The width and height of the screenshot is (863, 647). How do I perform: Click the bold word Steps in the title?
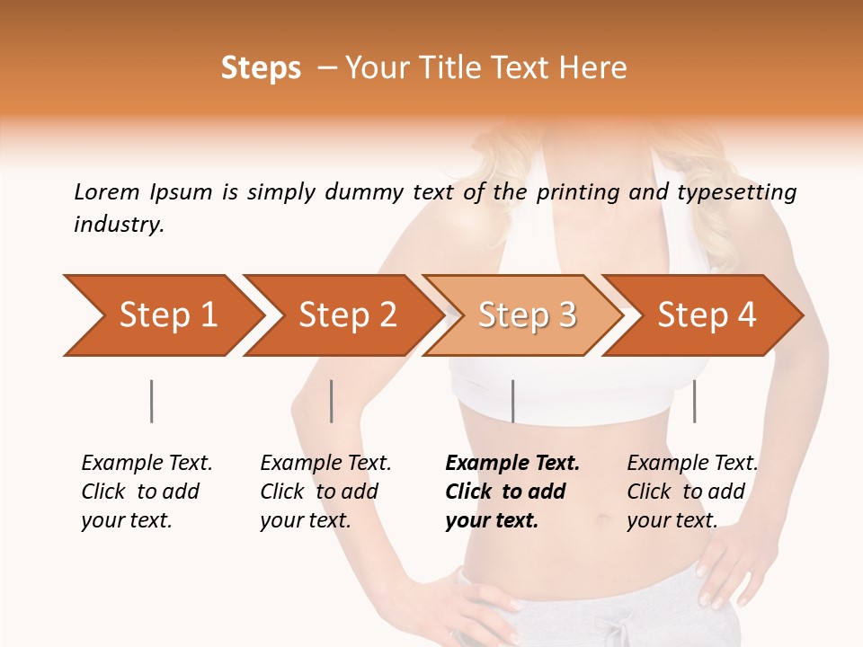point(261,68)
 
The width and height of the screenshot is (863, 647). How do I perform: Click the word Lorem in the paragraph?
point(107,191)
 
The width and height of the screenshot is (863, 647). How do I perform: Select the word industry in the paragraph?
point(119,225)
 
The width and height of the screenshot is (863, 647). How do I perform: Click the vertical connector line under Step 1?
point(152,401)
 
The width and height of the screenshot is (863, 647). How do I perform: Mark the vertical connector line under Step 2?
point(332,401)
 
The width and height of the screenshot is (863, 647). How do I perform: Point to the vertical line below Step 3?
point(512,401)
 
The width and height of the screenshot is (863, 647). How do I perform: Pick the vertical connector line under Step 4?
point(694,401)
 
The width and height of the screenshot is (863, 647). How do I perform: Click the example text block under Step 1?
point(147,492)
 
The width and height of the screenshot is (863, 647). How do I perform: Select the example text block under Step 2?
point(325,492)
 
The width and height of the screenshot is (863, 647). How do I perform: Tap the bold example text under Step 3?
point(512,492)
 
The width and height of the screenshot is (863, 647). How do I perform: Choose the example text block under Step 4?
point(692,492)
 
